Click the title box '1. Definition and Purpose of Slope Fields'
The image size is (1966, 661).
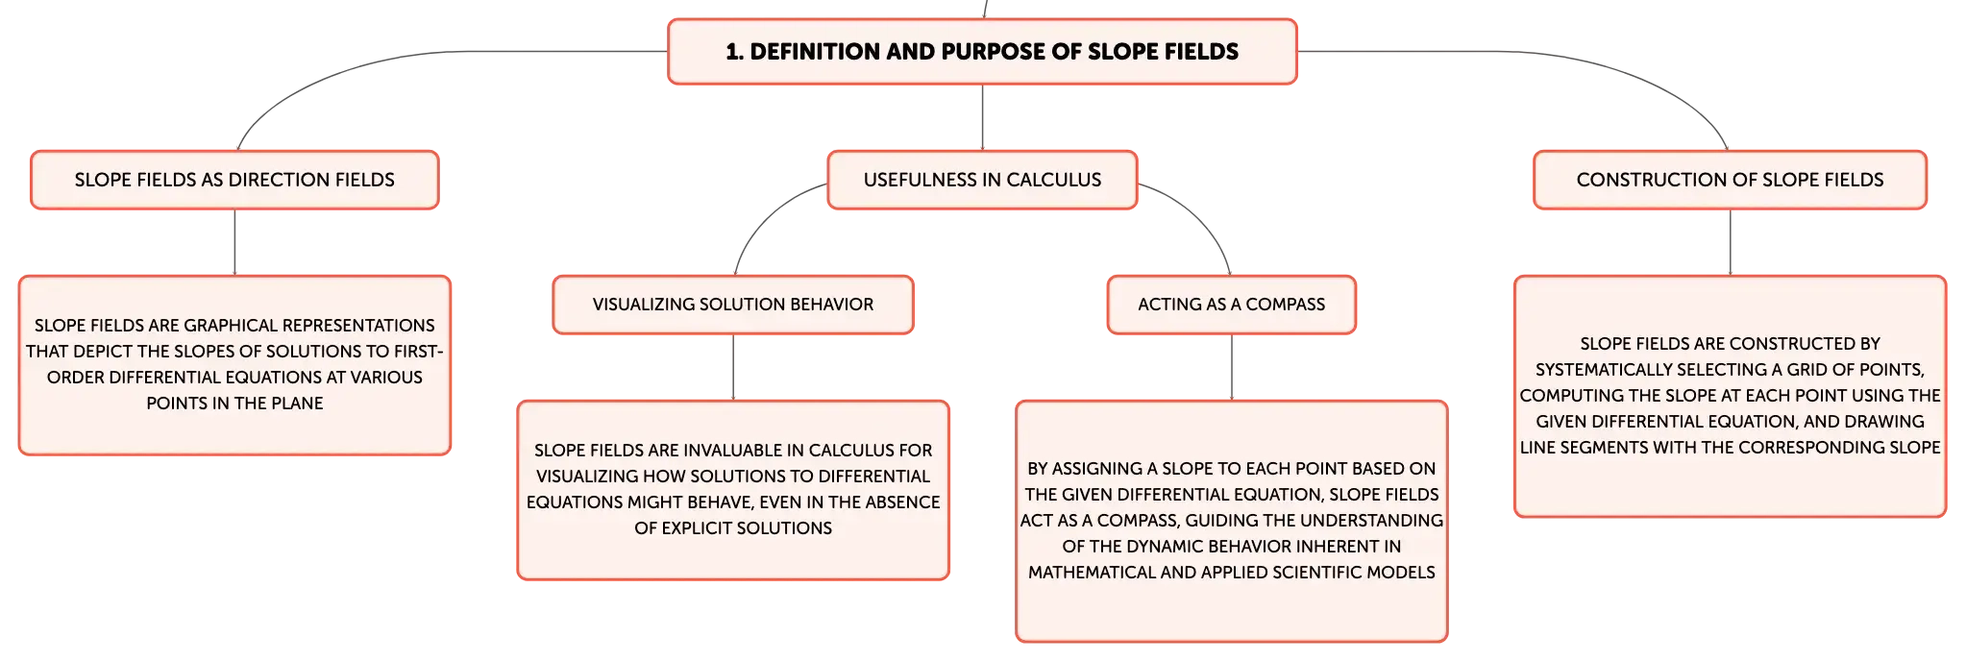pyautogui.click(x=982, y=52)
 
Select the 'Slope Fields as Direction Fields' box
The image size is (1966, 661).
pyautogui.click(x=234, y=180)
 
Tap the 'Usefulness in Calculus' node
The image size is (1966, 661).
pyautogui.click(x=982, y=180)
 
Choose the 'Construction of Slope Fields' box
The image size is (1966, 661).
pyautogui.click(x=1730, y=180)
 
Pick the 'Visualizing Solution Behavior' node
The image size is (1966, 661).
pyautogui.click(x=733, y=305)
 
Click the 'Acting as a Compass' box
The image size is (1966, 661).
pyautogui.click(x=1231, y=305)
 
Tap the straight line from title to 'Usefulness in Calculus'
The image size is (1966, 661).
pyautogui.click(x=982, y=117)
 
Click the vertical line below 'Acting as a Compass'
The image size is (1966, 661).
pyautogui.click(x=1232, y=367)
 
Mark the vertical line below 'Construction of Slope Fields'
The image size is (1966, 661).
pyautogui.click(x=1730, y=242)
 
